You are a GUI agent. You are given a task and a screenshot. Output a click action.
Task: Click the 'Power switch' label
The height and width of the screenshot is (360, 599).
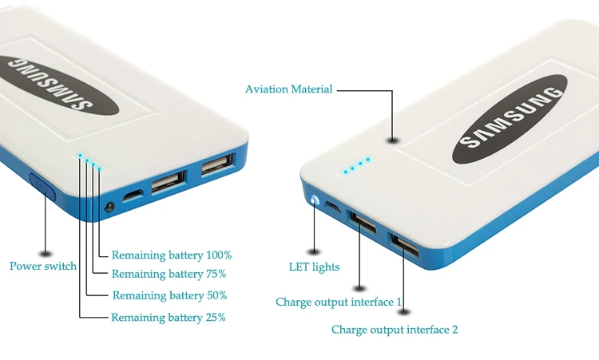point(43,266)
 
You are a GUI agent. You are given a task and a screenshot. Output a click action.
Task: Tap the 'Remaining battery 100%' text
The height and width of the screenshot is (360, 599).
point(171,255)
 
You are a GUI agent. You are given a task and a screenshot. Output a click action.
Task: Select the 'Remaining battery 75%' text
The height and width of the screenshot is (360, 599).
point(169,274)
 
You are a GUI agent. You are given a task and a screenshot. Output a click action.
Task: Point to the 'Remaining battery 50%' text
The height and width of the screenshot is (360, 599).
point(169,295)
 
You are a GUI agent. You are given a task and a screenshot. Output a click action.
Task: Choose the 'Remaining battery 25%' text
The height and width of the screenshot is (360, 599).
point(169,317)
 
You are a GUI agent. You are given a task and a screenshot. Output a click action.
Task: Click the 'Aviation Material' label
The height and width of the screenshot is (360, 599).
point(288,89)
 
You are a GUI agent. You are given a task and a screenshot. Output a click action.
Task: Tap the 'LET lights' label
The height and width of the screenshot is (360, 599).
point(314,267)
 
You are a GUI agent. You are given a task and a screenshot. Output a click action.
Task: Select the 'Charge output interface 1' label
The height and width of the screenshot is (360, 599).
point(339,302)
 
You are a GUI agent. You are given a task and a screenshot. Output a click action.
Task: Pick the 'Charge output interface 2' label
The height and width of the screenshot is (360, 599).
point(395,329)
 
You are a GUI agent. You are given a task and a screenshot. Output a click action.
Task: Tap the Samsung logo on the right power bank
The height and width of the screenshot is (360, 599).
point(510,120)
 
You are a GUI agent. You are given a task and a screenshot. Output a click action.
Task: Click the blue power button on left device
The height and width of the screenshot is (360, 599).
point(41,188)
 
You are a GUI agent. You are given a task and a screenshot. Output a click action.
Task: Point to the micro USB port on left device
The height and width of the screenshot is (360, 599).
point(133,196)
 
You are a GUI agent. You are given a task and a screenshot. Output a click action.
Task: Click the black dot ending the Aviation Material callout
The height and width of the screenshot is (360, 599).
point(392,140)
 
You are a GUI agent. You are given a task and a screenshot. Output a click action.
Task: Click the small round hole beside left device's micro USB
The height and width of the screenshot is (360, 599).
point(109,207)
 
